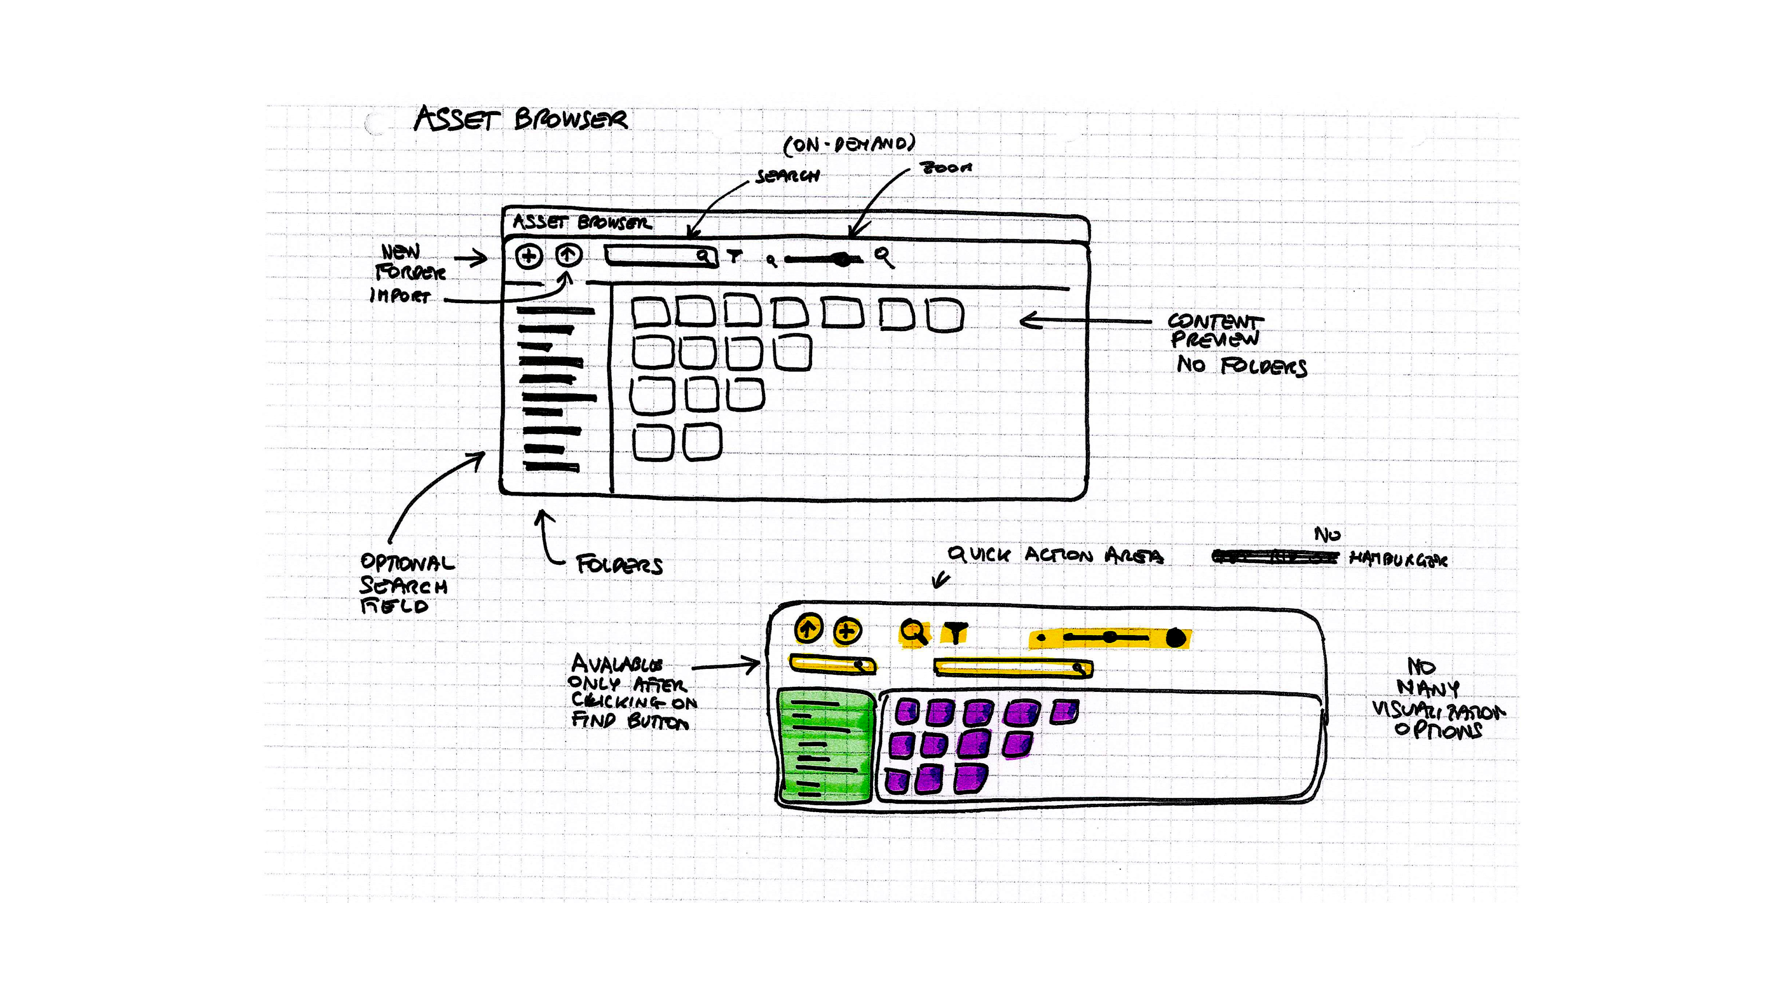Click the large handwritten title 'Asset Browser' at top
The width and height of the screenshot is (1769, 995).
tap(521, 119)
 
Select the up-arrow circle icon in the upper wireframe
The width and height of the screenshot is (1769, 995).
tap(568, 256)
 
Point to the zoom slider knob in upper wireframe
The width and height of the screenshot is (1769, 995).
tap(842, 259)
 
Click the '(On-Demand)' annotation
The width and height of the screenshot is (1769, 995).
tap(849, 144)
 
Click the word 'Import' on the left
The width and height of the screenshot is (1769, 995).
tap(400, 296)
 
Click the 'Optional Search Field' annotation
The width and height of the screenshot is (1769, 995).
tap(405, 584)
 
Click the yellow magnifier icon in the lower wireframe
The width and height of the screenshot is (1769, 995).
tap(914, 632)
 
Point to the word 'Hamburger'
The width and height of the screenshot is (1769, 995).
tap(1398, 560)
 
